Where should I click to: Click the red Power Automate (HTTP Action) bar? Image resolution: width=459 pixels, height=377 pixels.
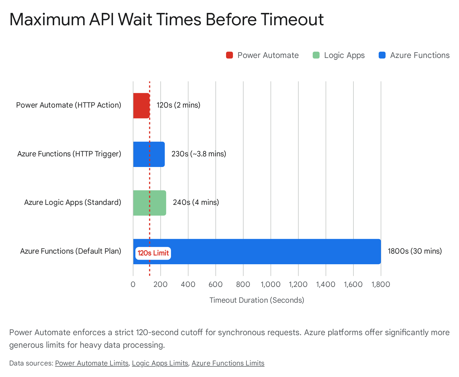[141, 106]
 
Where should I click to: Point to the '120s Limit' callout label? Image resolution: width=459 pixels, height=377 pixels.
[153, 253]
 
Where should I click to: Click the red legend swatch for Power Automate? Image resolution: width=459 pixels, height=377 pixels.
[229, 55]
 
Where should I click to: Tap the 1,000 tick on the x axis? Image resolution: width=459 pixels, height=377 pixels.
[271, 285]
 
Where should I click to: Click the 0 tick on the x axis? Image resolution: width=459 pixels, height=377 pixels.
[133, 285]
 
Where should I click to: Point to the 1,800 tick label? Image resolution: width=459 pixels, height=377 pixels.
[381, 285]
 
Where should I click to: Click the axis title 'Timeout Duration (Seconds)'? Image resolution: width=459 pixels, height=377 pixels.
[257, 300]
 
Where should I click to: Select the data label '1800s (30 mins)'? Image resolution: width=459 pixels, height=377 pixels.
[415, 251]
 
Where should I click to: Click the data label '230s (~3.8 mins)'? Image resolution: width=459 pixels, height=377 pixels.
[199, 154]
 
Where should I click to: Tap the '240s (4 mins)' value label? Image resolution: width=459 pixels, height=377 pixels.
[196, 203]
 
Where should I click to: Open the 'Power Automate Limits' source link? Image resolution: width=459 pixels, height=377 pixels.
[92, 363]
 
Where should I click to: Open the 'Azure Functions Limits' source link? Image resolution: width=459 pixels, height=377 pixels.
[228, 363]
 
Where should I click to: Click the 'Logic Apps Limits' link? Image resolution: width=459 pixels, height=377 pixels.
[160, 363]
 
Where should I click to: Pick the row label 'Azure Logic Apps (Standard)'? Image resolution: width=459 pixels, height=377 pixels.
[73, 203]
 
